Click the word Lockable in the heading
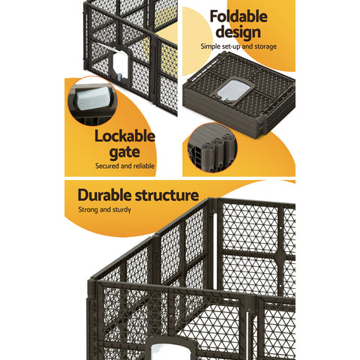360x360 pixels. pyautogui.click(x=124, y=136)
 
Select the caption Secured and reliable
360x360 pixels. pyautogui.click(x=124, y=166)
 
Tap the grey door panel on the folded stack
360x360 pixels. pyautogui.click(x=232, y=92)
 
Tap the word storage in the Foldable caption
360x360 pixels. pyautogui.click(x=264, y=47)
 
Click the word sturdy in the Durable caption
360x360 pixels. pyautogui.click(x=120, y=210)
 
